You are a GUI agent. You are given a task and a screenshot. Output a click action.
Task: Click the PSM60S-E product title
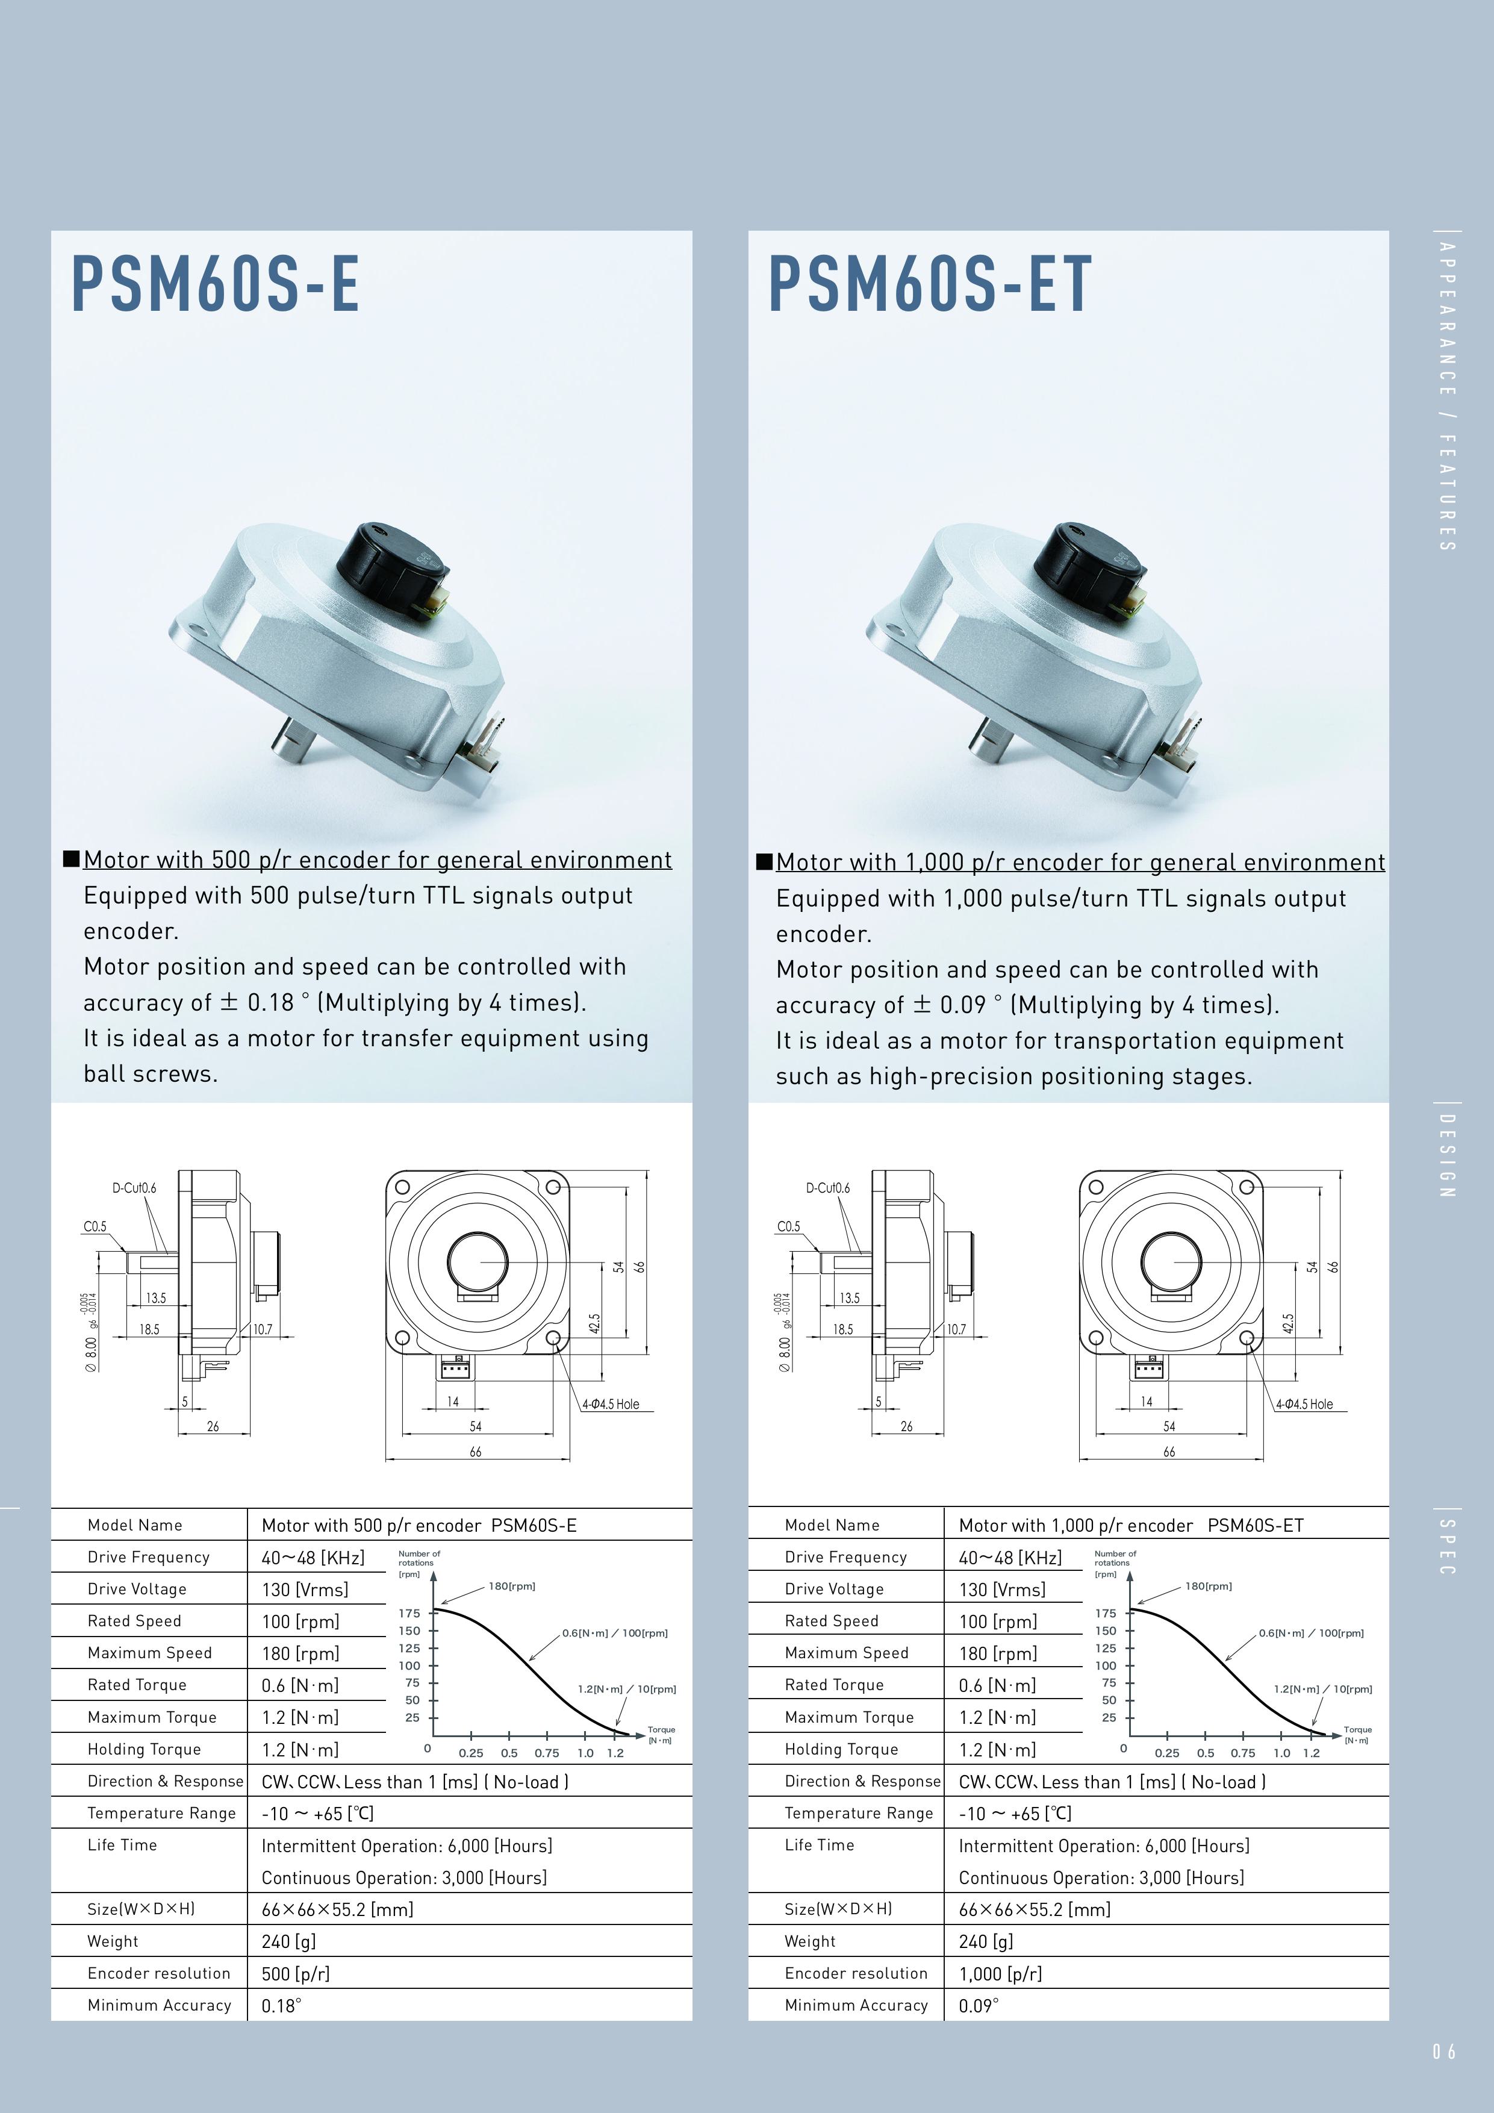pos(215,284)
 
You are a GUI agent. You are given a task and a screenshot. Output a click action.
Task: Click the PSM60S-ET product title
pos(930,284)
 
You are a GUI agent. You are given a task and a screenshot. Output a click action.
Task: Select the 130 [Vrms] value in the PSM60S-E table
pos(305,1590)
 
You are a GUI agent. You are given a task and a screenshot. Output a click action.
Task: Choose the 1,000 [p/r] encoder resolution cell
pos(1000,1974)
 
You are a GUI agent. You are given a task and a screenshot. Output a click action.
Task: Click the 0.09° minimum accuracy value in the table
pos(978,2005)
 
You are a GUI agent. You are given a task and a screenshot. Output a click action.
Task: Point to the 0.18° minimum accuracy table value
pos(281,2005)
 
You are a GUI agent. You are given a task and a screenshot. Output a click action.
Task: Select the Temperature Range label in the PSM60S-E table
pos(161,1813)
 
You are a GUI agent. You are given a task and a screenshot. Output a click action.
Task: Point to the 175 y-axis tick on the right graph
pos(1106,1613)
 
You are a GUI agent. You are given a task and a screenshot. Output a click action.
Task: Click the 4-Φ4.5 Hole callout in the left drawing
pos(610,1405)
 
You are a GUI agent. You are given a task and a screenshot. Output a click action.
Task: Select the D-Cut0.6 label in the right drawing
pos(828,1188)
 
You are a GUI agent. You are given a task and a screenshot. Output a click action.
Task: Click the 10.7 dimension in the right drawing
pos(957,1329)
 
